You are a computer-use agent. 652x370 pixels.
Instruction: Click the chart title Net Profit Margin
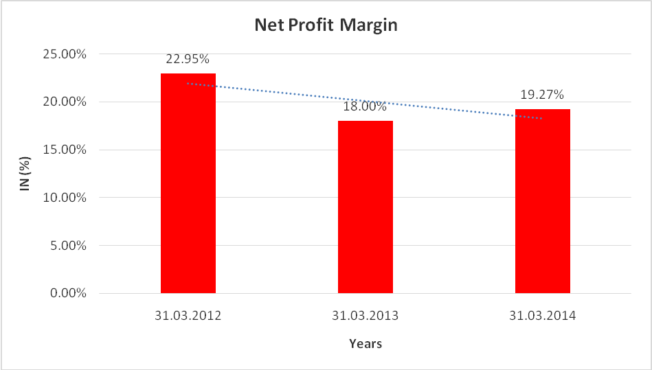[x=326, y=25]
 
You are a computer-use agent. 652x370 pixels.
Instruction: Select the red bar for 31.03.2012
[x=188, y=183]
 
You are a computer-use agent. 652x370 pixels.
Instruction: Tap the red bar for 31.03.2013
[x=366, y=207]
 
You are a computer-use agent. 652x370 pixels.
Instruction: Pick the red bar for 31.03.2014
[x=543, y=201]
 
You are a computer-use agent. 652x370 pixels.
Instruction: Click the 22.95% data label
[x=188, y=60]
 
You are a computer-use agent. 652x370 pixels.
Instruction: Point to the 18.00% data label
[x=366, y=107]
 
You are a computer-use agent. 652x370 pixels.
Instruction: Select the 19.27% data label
[x=543, y=95]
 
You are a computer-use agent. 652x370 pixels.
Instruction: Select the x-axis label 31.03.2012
[x=188, y=316]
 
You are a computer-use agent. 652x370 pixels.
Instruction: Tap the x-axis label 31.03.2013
[x=366, y=316]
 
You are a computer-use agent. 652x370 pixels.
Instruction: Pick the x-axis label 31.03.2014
[x=543, y=316]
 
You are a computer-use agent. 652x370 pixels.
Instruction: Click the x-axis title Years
[x=365, y=343]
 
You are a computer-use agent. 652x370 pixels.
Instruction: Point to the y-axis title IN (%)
[x=25, y=173]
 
